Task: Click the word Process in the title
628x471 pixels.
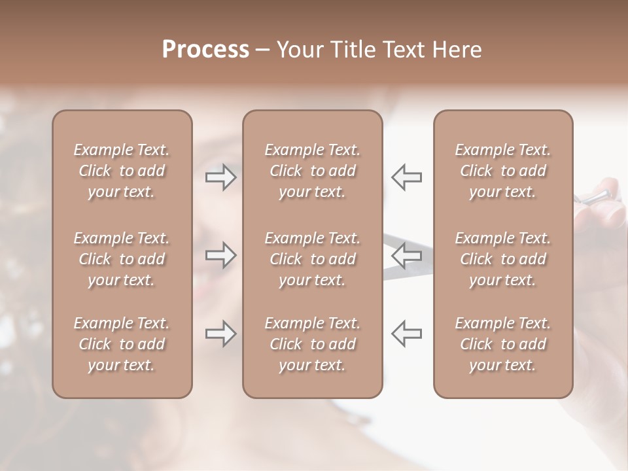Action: (x=205, y=50)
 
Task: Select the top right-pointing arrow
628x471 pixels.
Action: (x=221, y=177)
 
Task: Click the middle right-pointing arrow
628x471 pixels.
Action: (x=221, y=255)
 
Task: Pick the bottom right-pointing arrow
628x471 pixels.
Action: (x=221, y=334)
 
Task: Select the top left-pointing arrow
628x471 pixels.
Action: (x=406, y=177)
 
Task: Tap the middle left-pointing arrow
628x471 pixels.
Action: (x=406, y=255)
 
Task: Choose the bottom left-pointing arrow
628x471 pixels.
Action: (x=406, y=334)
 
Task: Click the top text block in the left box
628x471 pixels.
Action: (x=122, y=171)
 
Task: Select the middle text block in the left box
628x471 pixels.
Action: (x=122, y=259)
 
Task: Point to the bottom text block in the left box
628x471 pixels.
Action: (x=122, y=344)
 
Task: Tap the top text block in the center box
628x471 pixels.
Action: (x=312, y=171)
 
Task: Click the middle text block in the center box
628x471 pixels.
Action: (x=312, y=259)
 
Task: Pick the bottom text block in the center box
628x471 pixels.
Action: (x=312, y=344)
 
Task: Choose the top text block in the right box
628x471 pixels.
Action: (x=502, y=171)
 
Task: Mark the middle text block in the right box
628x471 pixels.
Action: (x=502, y=259)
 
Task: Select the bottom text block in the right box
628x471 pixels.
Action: (x=502, y=344)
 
